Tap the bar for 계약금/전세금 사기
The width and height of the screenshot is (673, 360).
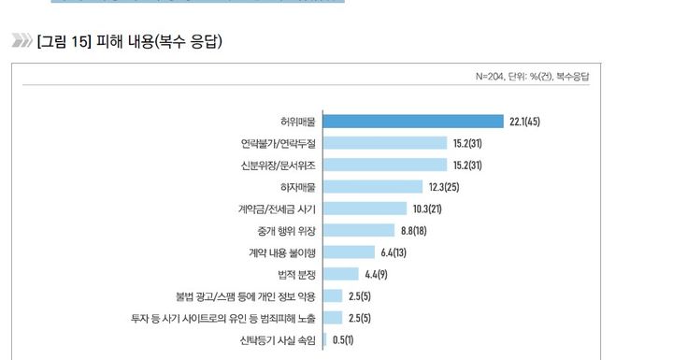[x=365, y=208]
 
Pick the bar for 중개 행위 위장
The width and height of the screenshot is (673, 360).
[x=359, y=230]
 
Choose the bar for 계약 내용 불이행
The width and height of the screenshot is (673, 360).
[x=350, y=252]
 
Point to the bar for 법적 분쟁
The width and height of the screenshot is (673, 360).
[x=341, y=274]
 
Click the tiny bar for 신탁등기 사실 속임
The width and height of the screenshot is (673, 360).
[x=324, y=340]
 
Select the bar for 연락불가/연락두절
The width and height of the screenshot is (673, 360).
[x=385, y=142]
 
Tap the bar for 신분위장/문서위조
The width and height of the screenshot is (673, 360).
[x=385, y=165]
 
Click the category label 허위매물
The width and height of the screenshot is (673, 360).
[x=298, y=122]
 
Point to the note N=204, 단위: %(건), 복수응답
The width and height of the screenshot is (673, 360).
[x=537, y=76]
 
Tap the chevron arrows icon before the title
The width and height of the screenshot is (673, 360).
[x=21, y=41]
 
